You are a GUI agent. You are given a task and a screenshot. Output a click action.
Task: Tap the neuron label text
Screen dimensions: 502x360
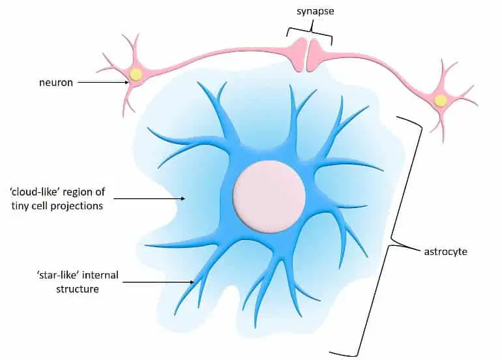(x=56, y=83)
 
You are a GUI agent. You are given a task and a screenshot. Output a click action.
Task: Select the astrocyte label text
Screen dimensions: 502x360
(x=446, y=252)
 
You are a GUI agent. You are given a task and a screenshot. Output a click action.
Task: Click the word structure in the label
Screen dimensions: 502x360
(x=78, y=289)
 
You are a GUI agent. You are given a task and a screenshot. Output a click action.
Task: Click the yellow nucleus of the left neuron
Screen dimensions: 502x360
(x=136, y=74)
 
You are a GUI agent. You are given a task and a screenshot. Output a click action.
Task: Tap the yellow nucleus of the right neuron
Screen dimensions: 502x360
(x=440, y=100)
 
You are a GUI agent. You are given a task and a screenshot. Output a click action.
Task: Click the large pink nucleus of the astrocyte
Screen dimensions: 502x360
(x=269, y=197)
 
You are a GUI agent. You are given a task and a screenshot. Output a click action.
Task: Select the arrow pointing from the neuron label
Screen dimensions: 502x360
(x=103, y=82)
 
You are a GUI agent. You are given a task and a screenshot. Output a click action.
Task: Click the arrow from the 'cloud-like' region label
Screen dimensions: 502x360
(x=149, y=198)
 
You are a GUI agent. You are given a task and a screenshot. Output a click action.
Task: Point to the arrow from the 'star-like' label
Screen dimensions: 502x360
(x=158, y=282)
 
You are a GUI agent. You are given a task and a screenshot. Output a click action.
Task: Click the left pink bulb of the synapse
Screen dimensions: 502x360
(x=299, y=53)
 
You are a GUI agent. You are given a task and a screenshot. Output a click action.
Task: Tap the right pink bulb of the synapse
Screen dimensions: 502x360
(x=316, y=54)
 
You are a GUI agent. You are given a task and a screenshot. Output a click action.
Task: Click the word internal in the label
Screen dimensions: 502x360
(x=101, y=275)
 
